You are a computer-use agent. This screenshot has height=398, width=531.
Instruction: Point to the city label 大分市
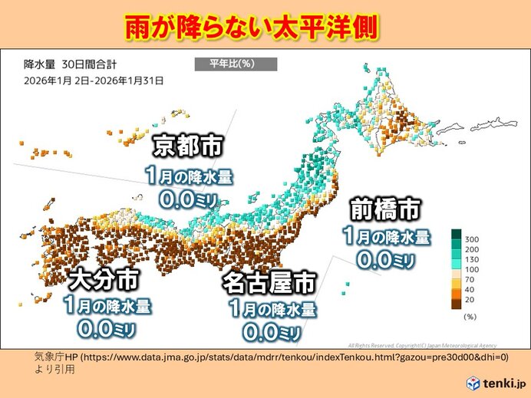pyautogui.click(x=104, y=278)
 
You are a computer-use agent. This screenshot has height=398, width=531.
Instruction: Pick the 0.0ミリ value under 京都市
pyautogui.click(x=187, y=200)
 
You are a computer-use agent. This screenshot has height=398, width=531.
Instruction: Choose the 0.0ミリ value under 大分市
pyautogui.click(x=105, y=330)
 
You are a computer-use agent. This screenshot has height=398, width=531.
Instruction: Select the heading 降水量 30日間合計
pyautogui.click(x=71, y=64)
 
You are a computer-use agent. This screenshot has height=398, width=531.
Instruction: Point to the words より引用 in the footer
pyautogui.click(x=54, y=369)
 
